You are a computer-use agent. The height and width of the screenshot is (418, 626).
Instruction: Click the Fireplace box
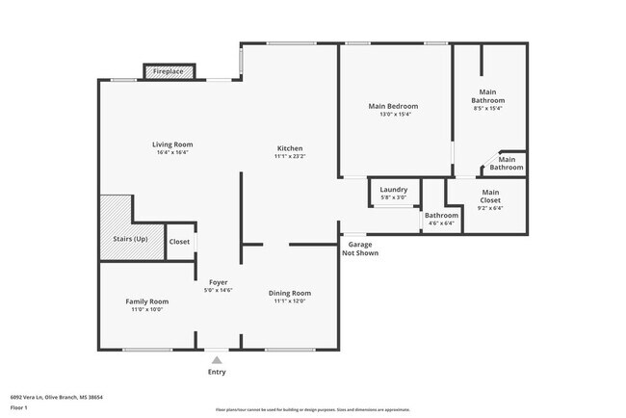170,72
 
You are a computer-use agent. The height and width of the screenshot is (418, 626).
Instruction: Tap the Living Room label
172,144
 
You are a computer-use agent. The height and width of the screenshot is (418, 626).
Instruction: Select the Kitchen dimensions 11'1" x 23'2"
290,156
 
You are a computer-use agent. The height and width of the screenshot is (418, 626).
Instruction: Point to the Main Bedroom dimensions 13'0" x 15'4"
395,114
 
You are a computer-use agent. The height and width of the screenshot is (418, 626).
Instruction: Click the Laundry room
394,193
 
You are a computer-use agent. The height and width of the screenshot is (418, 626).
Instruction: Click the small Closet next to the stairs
179,242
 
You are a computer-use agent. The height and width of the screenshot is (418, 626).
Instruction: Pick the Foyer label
218,282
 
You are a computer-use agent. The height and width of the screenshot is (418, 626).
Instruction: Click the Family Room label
146,301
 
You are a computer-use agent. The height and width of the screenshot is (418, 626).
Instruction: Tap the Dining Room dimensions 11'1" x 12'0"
290,301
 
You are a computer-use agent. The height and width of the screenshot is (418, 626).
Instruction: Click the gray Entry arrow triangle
218,359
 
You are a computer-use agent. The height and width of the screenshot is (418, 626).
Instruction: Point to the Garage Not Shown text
362,248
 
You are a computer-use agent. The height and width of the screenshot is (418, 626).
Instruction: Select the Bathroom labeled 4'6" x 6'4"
441,219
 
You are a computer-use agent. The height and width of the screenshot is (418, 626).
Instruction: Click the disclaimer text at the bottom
312,408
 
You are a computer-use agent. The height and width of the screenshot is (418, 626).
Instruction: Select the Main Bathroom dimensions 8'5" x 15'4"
487,108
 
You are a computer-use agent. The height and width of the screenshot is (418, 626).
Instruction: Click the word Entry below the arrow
218,372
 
